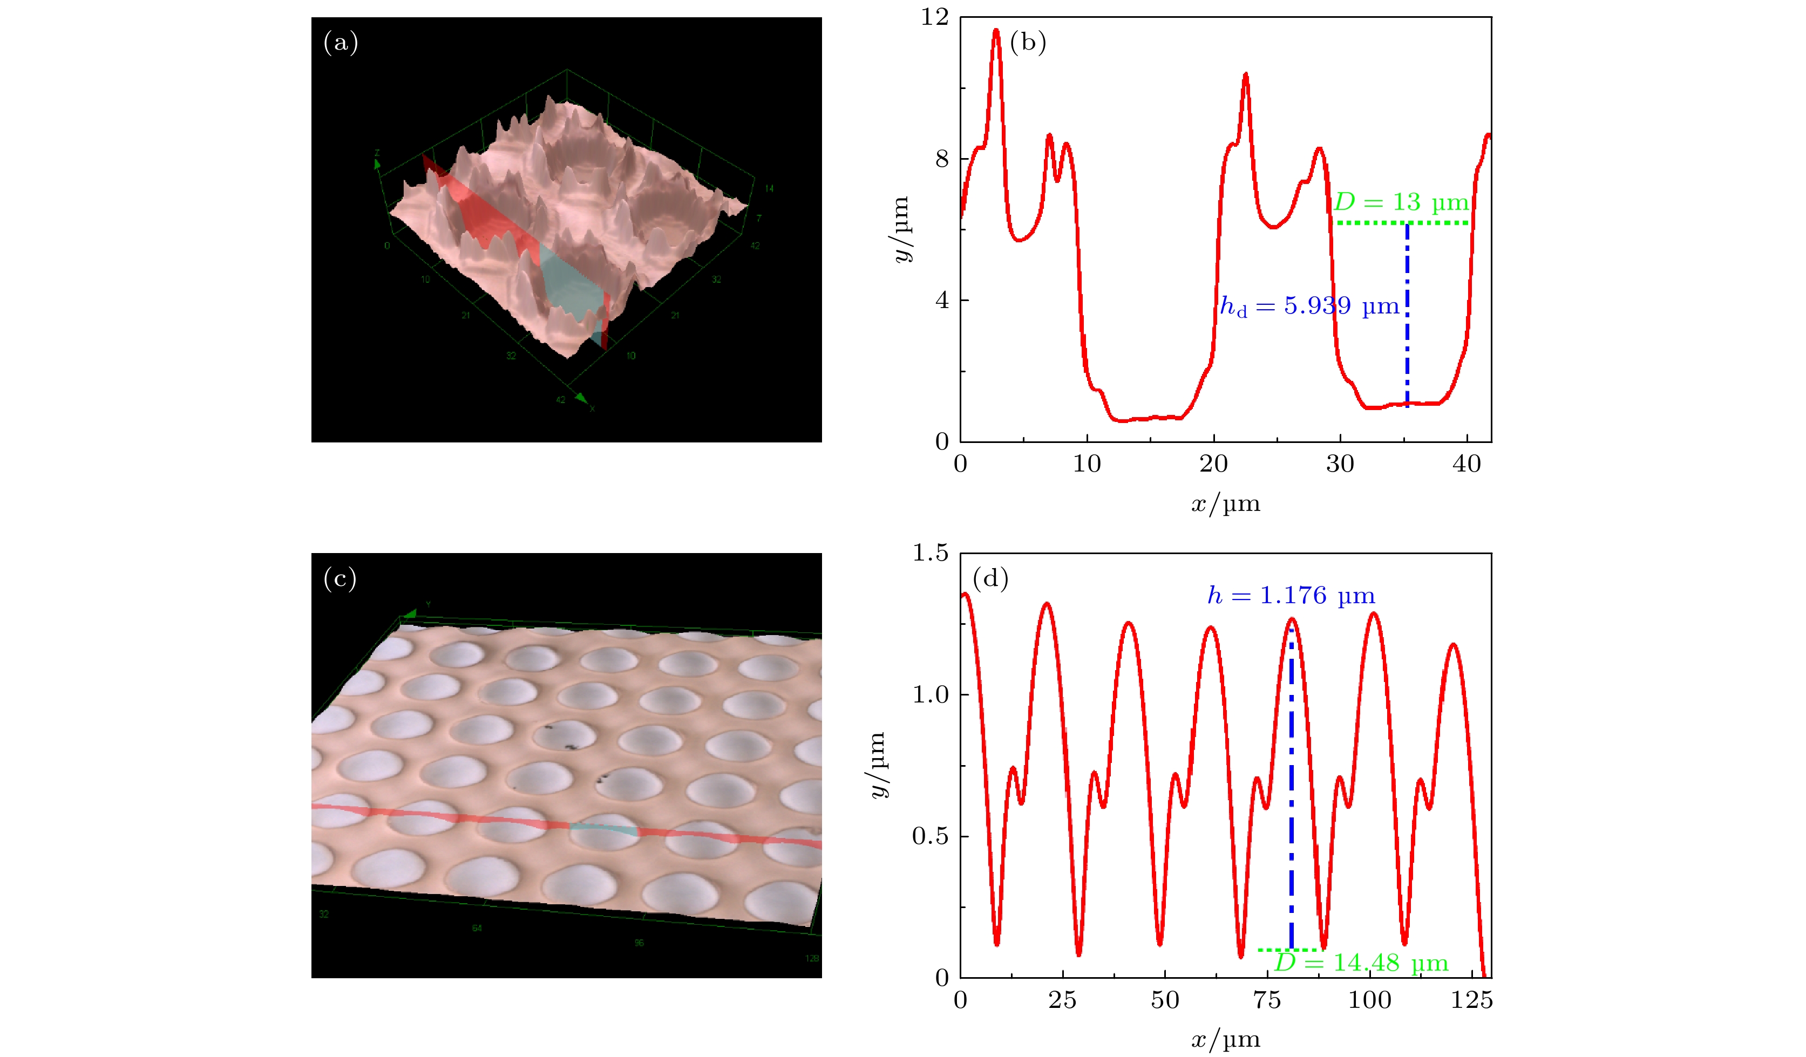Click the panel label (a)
click(341, 43)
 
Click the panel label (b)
click(1027, 43)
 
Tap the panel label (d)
click(990, 577)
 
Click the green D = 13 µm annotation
click(1401, 203)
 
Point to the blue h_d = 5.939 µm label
click(1309, 306)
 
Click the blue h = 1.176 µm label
click(1291, 596)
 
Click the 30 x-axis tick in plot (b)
click(1340, 465)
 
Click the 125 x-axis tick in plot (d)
click(1471, 1000)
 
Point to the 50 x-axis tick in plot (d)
click(1165, 1000)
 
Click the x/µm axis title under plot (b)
click(1225, 504)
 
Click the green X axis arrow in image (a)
click(581, 397)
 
